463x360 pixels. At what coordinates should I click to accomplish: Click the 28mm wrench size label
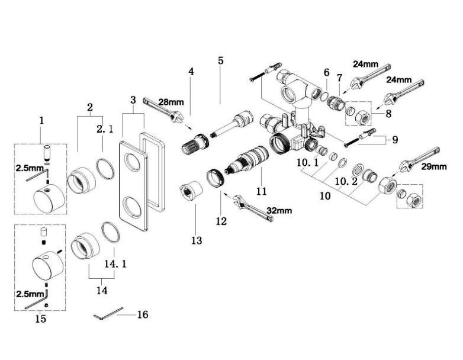[x=171, y=102]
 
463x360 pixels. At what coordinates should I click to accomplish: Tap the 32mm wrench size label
[x=279, y=211]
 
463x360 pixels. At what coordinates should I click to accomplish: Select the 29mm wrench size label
[x=434, y=166]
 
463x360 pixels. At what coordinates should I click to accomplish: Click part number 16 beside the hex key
[x=143, y=314]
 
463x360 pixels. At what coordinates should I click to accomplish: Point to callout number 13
[x=197, y=240]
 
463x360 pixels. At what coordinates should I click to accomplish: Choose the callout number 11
[x=261, y=191]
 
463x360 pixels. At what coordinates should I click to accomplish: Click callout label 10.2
[x=346, y=181]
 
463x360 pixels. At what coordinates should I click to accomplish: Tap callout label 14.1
[x=115, y=263]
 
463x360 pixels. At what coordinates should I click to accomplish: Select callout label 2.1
[x=105, y=129]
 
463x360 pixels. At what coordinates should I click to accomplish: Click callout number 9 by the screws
[x=395, y=139]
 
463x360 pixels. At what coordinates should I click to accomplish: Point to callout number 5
[x=221, y=60]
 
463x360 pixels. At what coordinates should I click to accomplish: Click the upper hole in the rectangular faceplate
[x=133, y=161]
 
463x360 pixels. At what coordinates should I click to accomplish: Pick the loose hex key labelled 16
[x=108, y=313]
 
